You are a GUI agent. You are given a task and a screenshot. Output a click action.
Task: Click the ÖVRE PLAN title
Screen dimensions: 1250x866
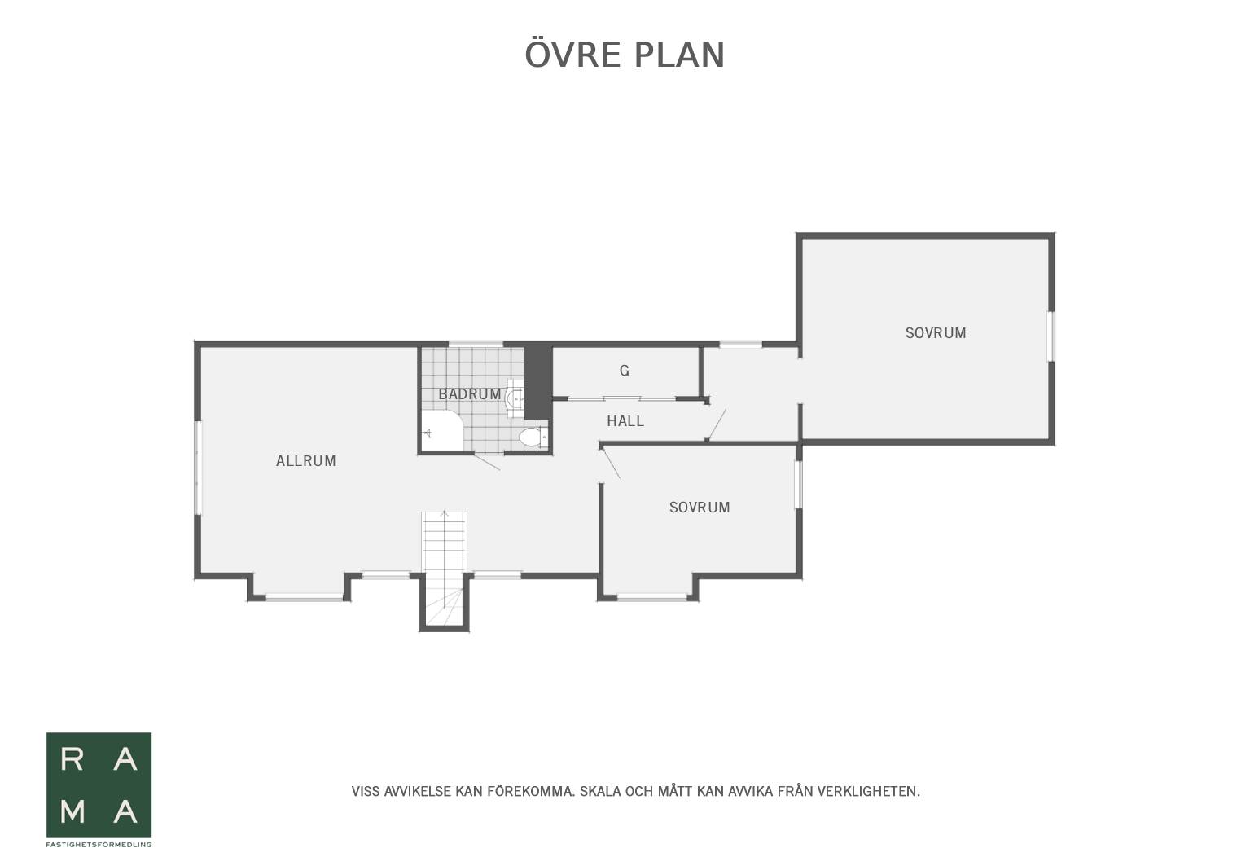click(625, 54)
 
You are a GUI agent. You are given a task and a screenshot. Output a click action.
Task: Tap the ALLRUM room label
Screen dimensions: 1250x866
click(306, 461)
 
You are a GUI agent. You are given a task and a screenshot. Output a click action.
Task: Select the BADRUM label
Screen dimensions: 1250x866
click(470, 394)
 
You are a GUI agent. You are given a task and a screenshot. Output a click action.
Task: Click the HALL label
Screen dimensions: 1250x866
click(625, 421)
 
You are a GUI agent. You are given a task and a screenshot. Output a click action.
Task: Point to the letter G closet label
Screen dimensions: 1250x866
click(625, 370)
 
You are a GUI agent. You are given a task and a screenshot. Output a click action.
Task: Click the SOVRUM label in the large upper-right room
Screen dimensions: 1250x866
click(936, 333)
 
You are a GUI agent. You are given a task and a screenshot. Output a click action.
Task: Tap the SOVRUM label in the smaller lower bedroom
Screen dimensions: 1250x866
click(700, 508)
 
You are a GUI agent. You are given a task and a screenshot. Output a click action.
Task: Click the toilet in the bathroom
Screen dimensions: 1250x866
click(533, 437)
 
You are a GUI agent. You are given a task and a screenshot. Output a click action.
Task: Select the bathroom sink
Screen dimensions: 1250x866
click(515, 398)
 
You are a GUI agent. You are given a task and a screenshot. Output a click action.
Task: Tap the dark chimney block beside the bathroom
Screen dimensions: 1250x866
click(537, 381)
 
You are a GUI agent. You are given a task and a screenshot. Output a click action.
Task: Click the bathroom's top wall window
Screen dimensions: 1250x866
click(476, 344)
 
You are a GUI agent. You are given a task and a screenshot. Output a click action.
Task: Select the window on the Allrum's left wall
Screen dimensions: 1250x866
click(198, 468)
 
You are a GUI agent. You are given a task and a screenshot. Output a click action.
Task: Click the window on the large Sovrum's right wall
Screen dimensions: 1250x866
click(1050, 336)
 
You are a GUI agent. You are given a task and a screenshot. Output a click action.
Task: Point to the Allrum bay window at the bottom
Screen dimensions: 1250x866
click(304, 598)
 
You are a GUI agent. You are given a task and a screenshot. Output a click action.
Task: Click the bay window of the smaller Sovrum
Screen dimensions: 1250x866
click(651, 598)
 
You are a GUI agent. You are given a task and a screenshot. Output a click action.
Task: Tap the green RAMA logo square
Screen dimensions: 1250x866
click(99, 785)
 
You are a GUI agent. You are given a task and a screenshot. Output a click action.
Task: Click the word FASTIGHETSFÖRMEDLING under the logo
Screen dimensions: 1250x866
click(99, 845)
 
